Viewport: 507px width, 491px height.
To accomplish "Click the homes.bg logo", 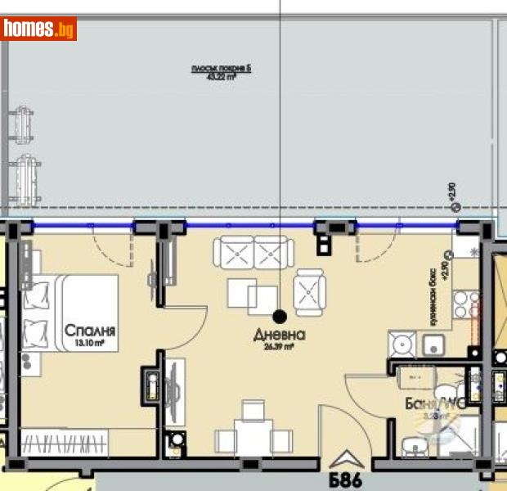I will point(39,29).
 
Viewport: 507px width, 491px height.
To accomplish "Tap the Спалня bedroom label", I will point(90,331).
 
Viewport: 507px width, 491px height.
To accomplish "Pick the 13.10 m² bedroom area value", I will point(86,344).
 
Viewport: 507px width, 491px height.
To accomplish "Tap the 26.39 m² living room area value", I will point(279,346).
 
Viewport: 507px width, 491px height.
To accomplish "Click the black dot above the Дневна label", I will point(280,316).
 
